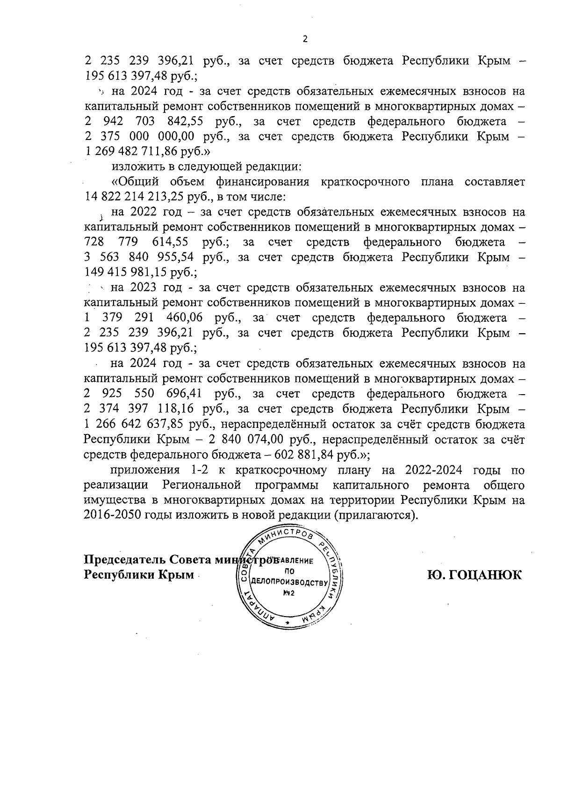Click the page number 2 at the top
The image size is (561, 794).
click(x=305, y=39)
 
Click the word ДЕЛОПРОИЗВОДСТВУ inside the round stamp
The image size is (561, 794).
click(x=288, y=583)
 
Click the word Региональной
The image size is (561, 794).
click(x=202, y=485)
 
